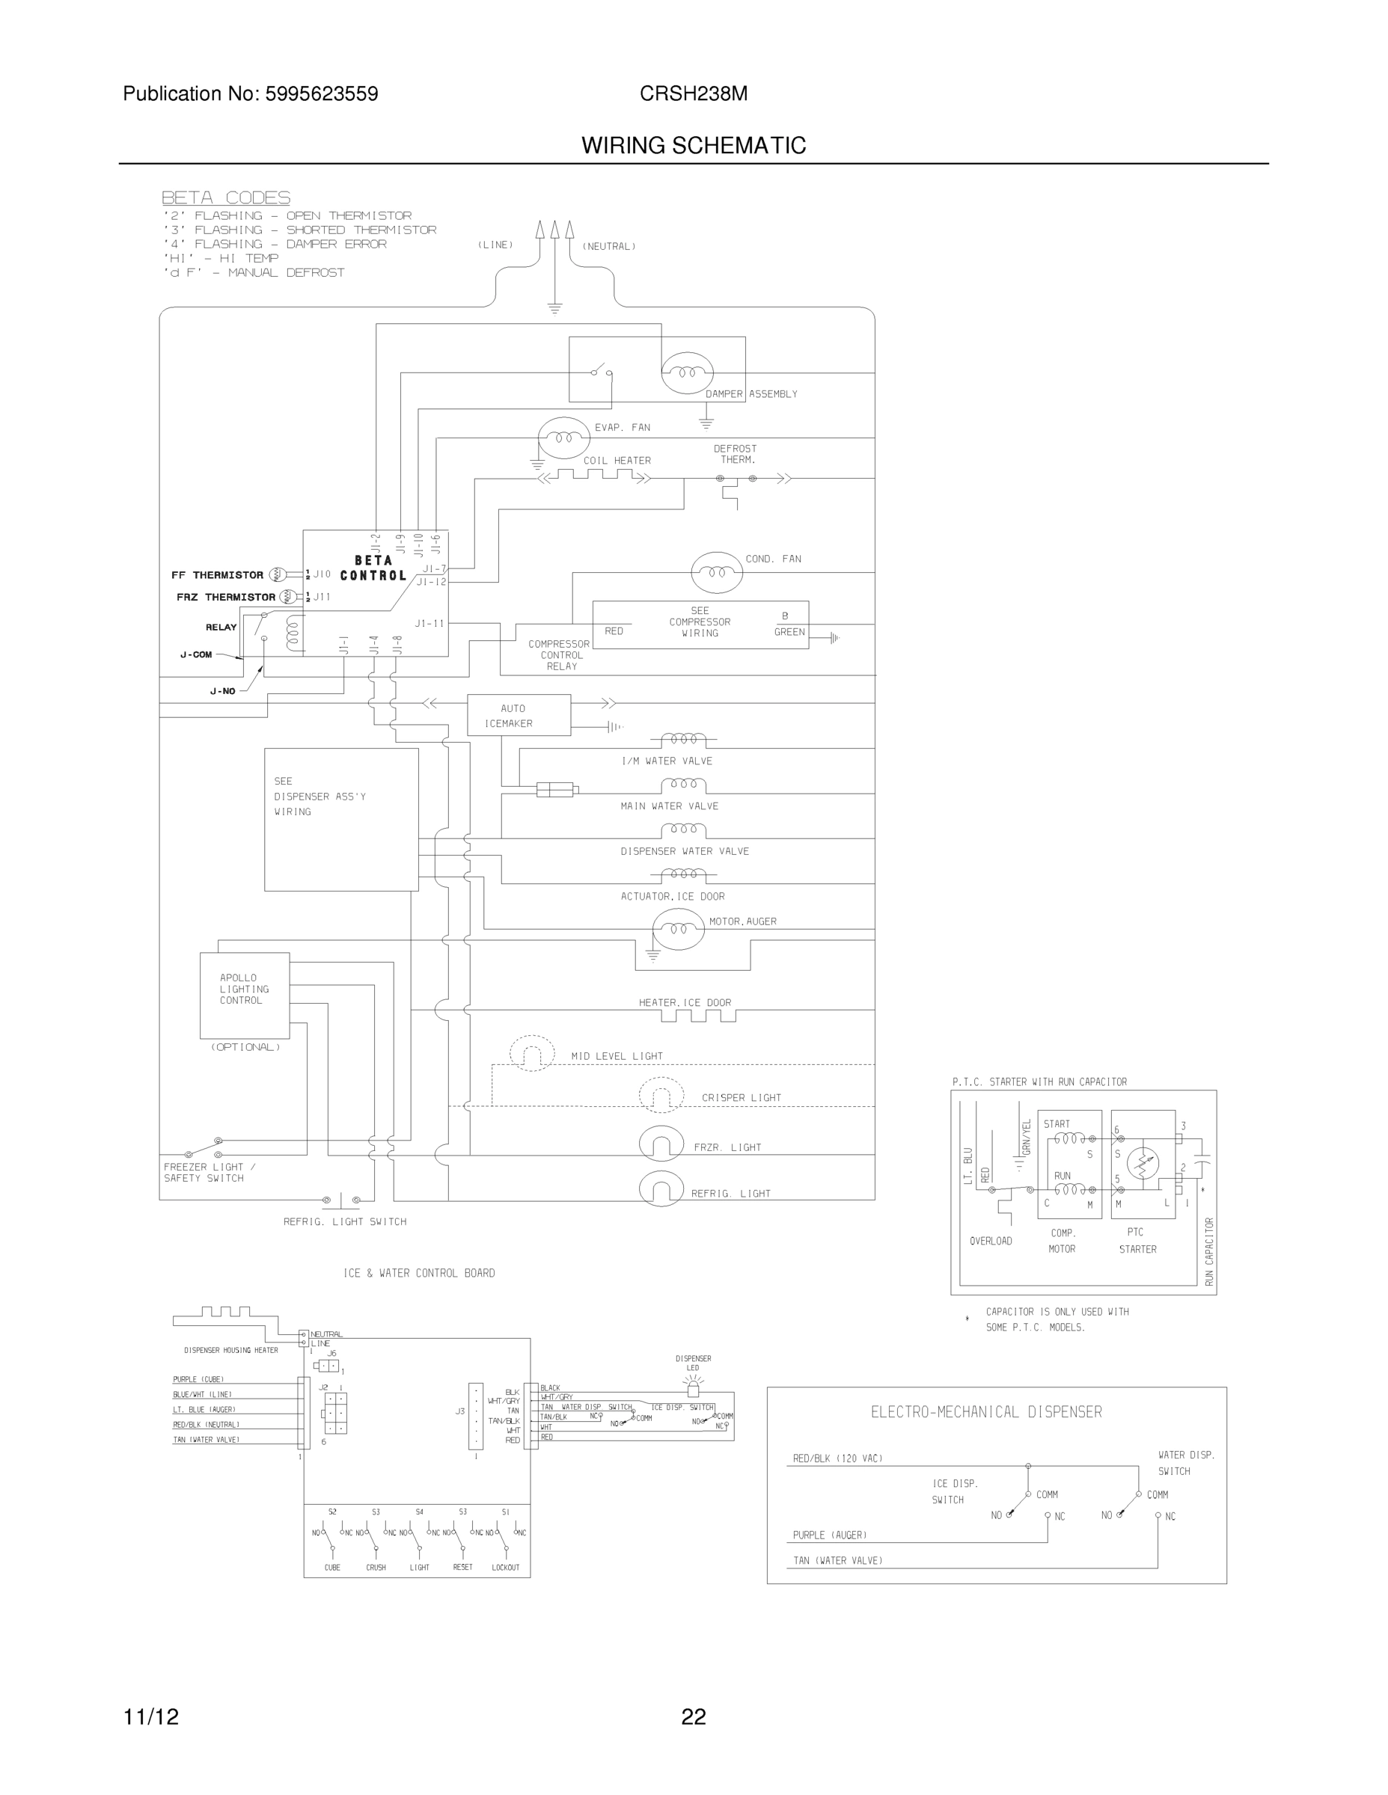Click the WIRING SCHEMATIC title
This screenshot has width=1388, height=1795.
[693, 146]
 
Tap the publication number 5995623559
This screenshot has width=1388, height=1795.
[321, 93]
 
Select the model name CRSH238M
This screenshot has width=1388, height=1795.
[693, 93]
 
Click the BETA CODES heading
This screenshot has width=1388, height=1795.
[225, 197]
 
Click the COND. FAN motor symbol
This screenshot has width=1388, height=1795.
[716, 572]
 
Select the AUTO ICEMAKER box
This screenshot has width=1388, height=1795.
[518, 715]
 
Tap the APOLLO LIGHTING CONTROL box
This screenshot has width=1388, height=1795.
[244, 995]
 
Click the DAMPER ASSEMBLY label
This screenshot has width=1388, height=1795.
[750, 394]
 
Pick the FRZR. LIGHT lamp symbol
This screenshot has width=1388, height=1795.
[661, 1144]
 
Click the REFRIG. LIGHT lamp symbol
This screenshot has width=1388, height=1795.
[661, 1189]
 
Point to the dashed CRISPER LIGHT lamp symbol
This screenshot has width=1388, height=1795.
[661, 1095]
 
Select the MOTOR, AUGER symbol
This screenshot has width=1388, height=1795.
[678, 929]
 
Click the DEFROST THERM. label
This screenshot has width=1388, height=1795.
[734, 455]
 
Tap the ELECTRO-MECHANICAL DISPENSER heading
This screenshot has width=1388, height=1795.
[986, 1412]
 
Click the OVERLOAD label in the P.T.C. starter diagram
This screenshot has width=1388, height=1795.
[990, 1241]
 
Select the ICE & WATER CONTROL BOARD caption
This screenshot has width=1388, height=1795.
[418, 1273]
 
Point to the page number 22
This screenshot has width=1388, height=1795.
[693, 1717]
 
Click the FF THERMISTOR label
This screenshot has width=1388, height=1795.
[217, 575]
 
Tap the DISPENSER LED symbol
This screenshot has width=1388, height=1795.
[692, 1388]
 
